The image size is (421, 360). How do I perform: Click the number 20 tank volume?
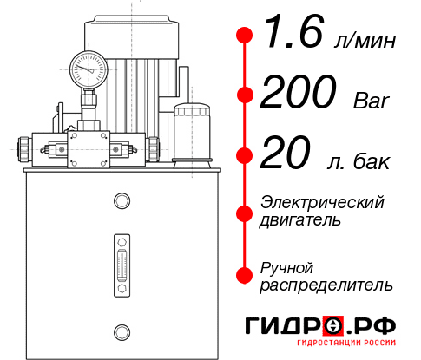point(286,156)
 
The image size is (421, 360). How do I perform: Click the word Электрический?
point(322,201)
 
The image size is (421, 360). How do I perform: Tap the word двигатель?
point(300,219)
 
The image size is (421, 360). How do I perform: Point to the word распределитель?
point(326,285)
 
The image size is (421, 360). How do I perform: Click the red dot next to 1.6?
point(245,35)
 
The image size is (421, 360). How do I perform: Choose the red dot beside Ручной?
point(245,275)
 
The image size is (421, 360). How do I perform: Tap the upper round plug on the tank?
point(121,201)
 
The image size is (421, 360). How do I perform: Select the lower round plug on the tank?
point(121,330)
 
